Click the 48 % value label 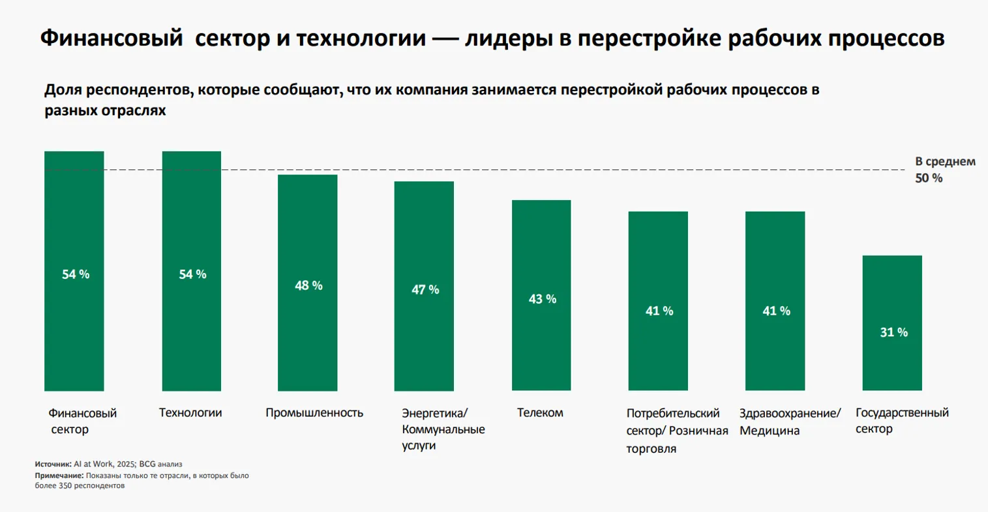pos(308,285)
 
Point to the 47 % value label pos(425,289)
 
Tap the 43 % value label pos(542,299)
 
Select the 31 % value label pos(893,332)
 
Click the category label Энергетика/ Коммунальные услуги pos(443,429)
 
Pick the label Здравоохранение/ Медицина pos(790,421)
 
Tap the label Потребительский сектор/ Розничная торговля pos(676,431)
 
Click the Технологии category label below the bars pos(190,413)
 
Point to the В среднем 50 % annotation pos(945,169)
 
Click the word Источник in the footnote pos(52,464)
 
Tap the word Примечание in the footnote pos(59,476)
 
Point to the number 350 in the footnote pos(63,486)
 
